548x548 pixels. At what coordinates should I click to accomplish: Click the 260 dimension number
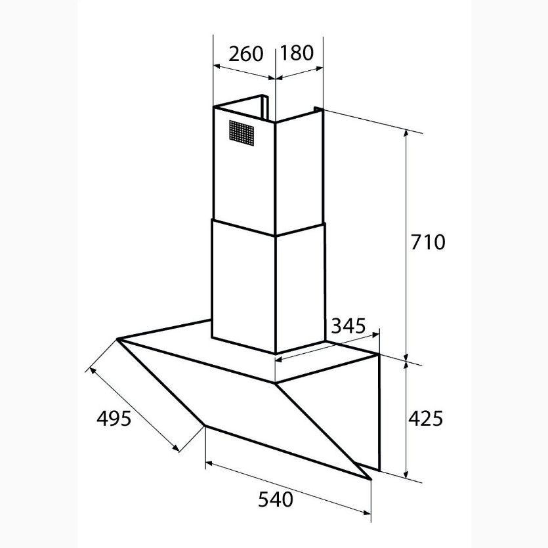click(245, 54)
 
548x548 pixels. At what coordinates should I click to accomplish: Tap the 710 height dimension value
click(427, 242)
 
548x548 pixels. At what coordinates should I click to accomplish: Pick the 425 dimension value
click(426, 417)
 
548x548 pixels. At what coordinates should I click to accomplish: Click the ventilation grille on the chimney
click(242, 133)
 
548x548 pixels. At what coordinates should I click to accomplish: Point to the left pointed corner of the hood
click(119, 339)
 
